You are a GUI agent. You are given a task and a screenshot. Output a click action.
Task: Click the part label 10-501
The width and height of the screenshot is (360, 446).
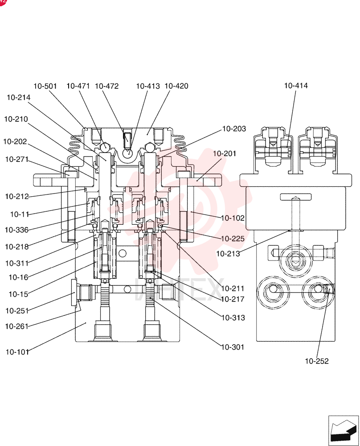click(x=45, y=86)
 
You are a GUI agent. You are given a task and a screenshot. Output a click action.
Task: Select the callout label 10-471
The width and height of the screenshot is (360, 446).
click(x=78, y=86)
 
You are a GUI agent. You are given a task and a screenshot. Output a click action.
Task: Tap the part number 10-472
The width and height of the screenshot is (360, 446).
click(x=106, y=86)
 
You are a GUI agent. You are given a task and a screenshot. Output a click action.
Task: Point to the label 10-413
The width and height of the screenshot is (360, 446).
click(x=148, y=86)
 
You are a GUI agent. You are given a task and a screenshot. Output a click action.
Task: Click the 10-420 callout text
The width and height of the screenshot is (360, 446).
click(x=176, y=86)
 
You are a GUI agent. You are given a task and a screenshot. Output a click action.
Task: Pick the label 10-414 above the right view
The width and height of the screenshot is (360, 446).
click(x=296, y=85)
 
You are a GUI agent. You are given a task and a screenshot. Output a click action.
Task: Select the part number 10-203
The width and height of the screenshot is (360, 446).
click(x=234, y=129)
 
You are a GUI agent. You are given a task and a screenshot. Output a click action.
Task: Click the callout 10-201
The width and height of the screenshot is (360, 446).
click(x=225, y=153)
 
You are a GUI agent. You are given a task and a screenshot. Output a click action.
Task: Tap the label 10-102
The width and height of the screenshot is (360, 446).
click(x=233, y=218)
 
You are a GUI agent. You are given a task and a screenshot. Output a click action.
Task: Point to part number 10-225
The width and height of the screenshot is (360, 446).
click(x=233, y=239)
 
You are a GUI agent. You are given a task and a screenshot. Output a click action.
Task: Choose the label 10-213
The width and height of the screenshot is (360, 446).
click(x=228, y=254)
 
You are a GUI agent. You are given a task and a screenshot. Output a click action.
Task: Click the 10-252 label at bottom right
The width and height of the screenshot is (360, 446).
click(x=317, y=361)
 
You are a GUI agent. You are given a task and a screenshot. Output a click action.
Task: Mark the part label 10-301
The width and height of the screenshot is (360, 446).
click(x=233, y=347)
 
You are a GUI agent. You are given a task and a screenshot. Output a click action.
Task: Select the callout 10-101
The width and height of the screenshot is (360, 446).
click(x=18, y=352)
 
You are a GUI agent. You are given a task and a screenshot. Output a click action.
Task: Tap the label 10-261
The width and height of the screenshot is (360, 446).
click(x=17, y=326)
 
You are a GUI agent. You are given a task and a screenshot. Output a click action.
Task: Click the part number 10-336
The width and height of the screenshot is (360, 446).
click(x=17, y=230)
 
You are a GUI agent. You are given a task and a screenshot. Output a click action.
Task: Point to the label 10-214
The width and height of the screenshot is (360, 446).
click(x=19, y=98)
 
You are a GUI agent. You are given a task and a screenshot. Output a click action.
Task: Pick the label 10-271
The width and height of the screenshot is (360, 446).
click(x=17, y=159)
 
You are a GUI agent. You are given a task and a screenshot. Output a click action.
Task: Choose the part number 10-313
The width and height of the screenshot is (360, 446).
click(x=233, y=318)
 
